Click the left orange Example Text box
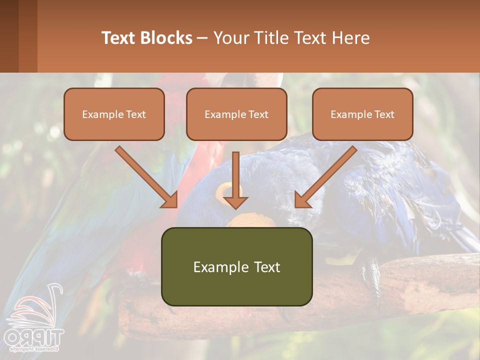114,114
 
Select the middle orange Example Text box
236,114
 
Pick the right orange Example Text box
362,114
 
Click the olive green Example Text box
236,266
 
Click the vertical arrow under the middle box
235,180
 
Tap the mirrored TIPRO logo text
34,336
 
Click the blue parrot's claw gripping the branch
370,272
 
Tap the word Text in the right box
384,114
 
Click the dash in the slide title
202,38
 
